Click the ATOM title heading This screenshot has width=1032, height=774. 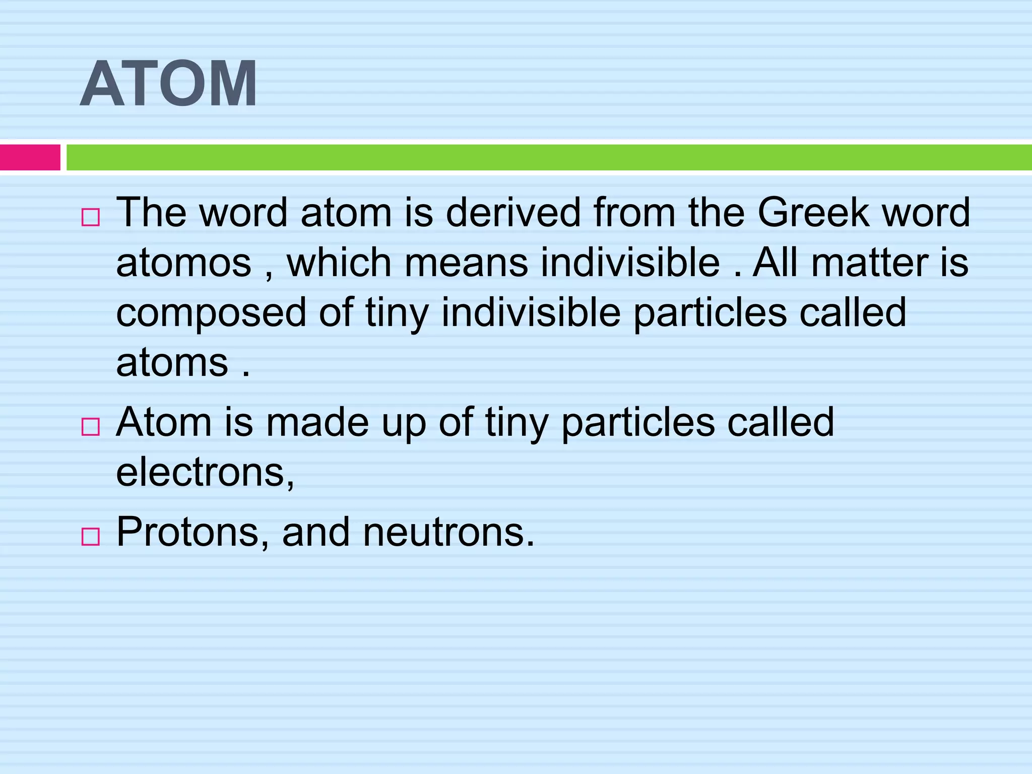tap(169, 84)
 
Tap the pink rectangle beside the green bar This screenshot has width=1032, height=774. tap(30, 157)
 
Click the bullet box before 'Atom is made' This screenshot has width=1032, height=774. tap(90, 427)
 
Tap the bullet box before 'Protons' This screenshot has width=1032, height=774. tap(90, 537)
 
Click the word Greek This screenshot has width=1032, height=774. tap(813, 212)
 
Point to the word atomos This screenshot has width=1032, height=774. tap(183, 263)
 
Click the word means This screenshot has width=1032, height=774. tap(466, 263)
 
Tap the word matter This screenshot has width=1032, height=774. tap(870, 263)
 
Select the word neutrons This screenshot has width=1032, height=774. tap(448, 532)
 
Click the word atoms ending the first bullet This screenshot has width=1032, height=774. tap(172, 363)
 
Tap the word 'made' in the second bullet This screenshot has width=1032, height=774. tap(317, 422)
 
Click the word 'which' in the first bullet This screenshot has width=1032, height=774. tap(339, 263)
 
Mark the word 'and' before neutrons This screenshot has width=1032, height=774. tap(315, 532)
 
